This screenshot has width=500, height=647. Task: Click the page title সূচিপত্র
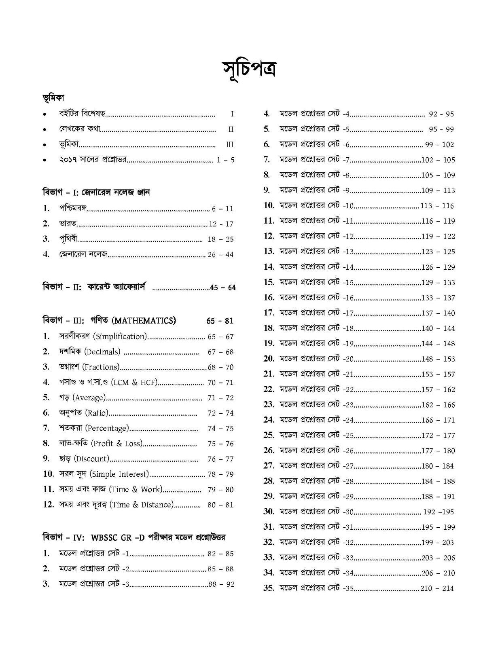click(250, 70)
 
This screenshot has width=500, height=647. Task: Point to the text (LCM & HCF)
click(133, 382)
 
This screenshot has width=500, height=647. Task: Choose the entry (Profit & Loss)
click(117, 443)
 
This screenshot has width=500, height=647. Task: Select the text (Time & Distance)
click(142, 505)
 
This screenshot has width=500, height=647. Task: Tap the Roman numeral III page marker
click(230, 145)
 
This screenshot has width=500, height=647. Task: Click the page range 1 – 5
click(226, 160)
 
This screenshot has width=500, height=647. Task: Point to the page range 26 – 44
click(220, 255)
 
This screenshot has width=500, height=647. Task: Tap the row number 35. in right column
click(269, 588)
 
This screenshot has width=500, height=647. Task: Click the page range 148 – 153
click(438, 359)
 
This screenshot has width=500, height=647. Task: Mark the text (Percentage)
click(107, 428)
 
